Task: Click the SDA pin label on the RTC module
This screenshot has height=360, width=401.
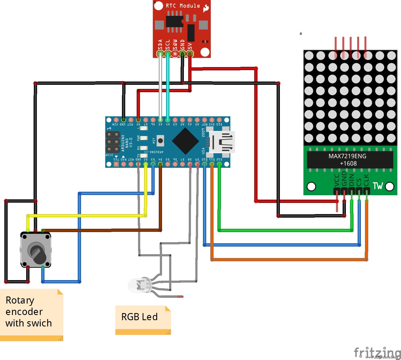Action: pyautogui.click(x=160, y=45)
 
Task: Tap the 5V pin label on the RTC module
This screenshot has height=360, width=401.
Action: pyautogui.click(x=190, y=46)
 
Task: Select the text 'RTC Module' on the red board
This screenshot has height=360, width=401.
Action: pyautogui.click(x=183, y=6)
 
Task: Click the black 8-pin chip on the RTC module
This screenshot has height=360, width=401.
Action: pyautogui.click(x=174, y=22)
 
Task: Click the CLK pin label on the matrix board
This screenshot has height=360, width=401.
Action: pyautogui.click(x=366, y=180)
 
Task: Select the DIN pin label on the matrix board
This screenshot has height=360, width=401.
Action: pyautogui.click(x=352, y=180)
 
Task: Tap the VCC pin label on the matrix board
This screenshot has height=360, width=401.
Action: pyautogui.click(x=337, y=180)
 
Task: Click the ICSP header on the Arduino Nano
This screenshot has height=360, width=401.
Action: pyautogui.click(x=113, y=142)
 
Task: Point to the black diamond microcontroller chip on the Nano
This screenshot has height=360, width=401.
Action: pyautogui.click(x=185, y=141)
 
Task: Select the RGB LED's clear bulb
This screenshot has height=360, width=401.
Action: pyautogui.click(x=135, y=286)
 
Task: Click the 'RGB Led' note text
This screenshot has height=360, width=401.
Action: pyautogui.click(x=139, y=317)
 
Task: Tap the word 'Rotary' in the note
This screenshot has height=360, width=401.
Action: pyautogui.click(x=20, y=300)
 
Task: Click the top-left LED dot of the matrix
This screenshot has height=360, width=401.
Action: pyautogui.click(x=309, y=56)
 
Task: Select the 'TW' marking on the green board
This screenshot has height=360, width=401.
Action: pyautogui.click(x=378, y=186)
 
